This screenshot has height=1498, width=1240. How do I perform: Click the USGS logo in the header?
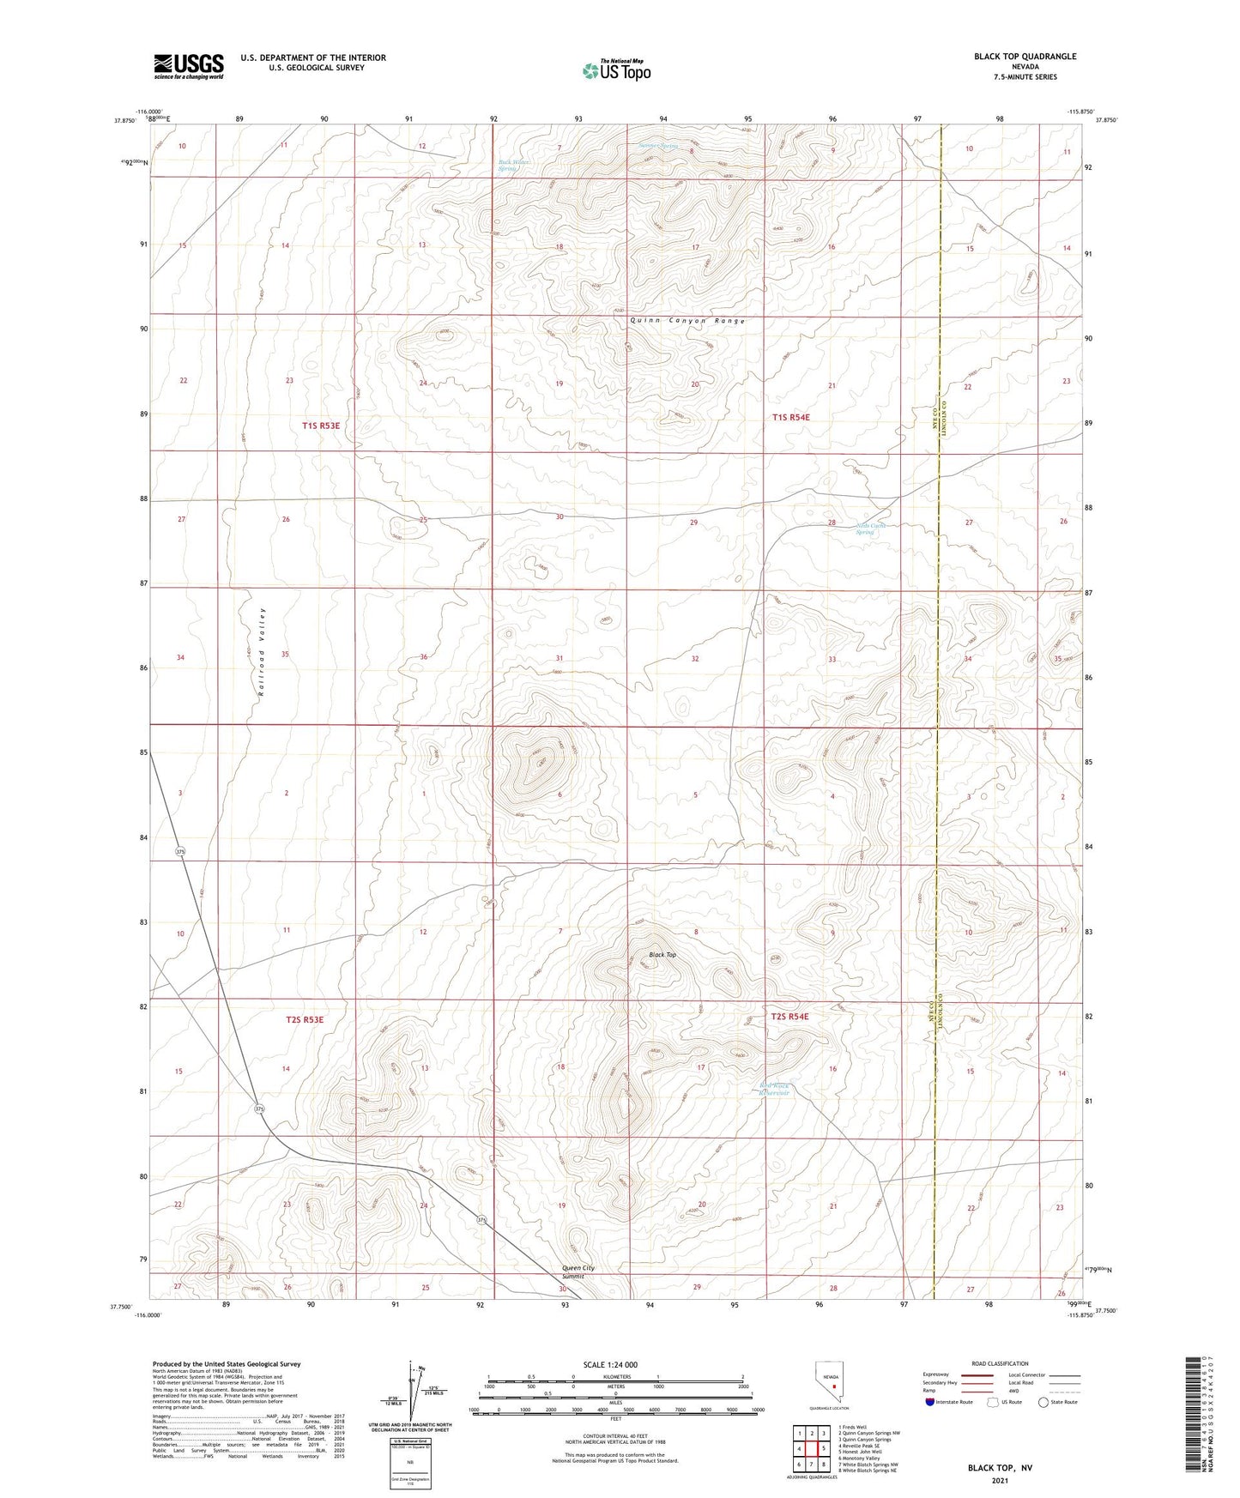pos(189,66)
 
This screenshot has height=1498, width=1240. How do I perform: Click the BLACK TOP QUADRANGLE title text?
pos(1025,57)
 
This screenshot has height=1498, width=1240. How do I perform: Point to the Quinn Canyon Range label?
pos(687,321)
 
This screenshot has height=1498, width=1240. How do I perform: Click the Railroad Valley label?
pos(262,656)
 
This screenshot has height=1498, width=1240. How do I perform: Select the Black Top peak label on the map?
pos(662,954)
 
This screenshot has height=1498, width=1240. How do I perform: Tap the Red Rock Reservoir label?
pos(771,1090)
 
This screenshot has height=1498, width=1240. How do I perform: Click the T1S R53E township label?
pos(326,426)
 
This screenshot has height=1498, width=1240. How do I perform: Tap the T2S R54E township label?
pos(789,1017)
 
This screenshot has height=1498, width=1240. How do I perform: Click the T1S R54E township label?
pos(790,417)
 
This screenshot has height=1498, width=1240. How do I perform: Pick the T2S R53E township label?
pos(305,1020)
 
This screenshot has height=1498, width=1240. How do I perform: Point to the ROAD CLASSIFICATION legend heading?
pos(1000,1363)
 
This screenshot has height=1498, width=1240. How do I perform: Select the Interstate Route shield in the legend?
pos(930,1402)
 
